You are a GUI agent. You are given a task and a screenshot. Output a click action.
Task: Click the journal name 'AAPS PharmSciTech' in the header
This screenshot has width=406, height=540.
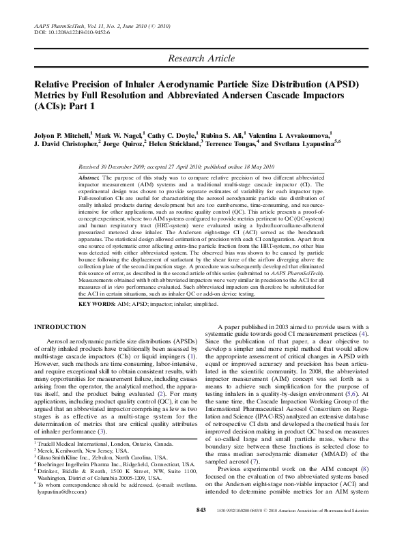58,25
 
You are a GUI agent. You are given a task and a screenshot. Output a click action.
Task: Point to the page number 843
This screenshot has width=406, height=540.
201,530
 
